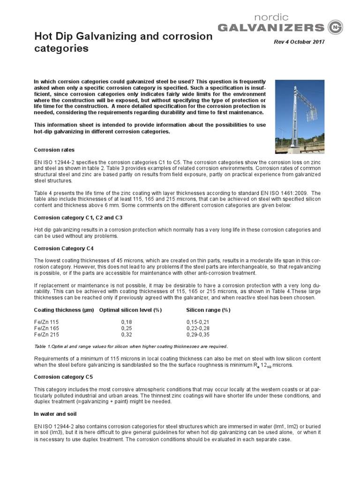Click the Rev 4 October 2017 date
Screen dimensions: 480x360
pos(299,42)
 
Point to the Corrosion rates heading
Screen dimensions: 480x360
pos(54,150)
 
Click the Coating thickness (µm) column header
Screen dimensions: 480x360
pos(64,310)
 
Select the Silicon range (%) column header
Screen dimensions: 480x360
pos(208,310)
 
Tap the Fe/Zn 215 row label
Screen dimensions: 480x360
pos(47,335)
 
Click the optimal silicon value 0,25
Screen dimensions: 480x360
pos(127,329)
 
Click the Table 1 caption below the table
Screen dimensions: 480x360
pos(131,346)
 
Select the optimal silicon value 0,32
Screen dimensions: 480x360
pos(127,335)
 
